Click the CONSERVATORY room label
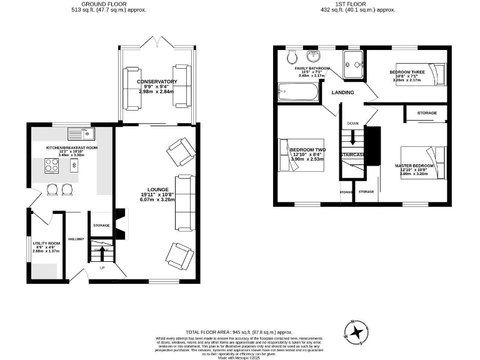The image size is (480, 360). click(x=157, y=82)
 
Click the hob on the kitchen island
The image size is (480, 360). click(x=52, y=166)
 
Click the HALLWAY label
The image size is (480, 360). click(x=76, y=239)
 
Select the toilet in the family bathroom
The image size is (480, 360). click(x=290, y=59)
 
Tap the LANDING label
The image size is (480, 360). click(x=342, y=92)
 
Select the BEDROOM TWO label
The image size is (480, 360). click(x=308, y=150)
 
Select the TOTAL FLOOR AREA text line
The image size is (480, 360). click(x=239, y=332)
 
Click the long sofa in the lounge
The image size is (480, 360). click(x=184, y=202)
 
